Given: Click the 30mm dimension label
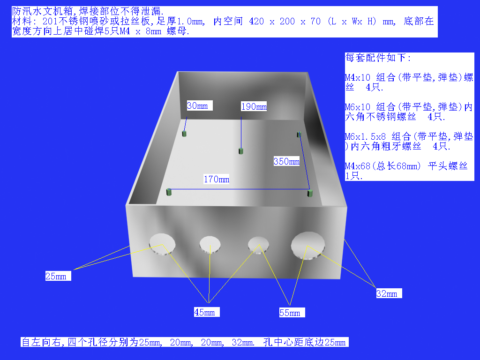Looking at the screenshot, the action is tap(199, 105).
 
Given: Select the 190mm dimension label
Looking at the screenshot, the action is tap(254, 106).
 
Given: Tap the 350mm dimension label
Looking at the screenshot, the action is tap(286, 161).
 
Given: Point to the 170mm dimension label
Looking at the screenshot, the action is tap(217, 179).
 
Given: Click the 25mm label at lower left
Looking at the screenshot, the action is tap(58, 276).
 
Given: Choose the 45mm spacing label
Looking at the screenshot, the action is tap(207, 312).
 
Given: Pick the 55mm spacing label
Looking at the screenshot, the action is tap(292, 313).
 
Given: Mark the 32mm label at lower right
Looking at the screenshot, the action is tap(389, 293).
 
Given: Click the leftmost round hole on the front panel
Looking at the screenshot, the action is tap(162, 245).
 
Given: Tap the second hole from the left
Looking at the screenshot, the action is tap(210, 245).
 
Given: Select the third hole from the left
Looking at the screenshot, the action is tap(258, 245).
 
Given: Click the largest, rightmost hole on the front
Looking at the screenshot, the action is tap(307, 246).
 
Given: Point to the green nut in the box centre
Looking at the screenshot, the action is tap(241, 151).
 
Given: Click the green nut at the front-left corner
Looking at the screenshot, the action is tap(169, 192).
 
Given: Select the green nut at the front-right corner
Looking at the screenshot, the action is tap(310, 193).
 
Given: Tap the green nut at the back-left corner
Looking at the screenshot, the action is tap(184, 134).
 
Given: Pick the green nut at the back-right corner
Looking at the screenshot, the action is tap(299, 135).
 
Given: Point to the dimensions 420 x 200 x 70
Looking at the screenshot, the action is tap(285, 22).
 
